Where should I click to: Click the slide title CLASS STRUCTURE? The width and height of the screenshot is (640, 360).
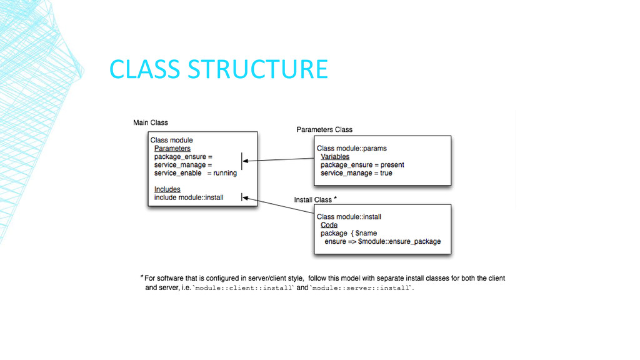(x=218, y=69)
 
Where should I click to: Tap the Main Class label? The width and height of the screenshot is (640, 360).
(x=151, y=122)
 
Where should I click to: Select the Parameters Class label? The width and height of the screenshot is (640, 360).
(x=324, y=129)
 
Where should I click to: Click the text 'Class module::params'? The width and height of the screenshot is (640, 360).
(x=352, y=148)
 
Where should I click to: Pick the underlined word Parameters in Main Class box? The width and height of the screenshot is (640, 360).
(x=172, y=149)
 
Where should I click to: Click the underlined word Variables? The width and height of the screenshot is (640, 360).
(x=335, y=156)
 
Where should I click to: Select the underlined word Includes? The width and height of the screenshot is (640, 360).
(x=167, y=189)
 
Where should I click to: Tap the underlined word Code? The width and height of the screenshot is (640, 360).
(x=329, y=225)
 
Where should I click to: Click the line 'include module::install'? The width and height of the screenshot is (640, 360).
(x=189, y=197)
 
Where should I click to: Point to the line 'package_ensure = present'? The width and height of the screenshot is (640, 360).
(x=362, y=165)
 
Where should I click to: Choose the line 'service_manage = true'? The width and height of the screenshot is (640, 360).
(x=356, y=173)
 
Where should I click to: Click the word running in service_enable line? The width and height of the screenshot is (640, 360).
(x=225, y=173)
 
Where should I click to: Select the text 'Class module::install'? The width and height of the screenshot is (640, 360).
(x=349, y=217)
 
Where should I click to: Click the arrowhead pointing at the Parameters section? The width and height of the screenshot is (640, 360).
(x=246, y=161)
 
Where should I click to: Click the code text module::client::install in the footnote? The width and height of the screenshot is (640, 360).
(x=244, y=288)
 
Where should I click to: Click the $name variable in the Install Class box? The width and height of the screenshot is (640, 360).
(x=366, y=233)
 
